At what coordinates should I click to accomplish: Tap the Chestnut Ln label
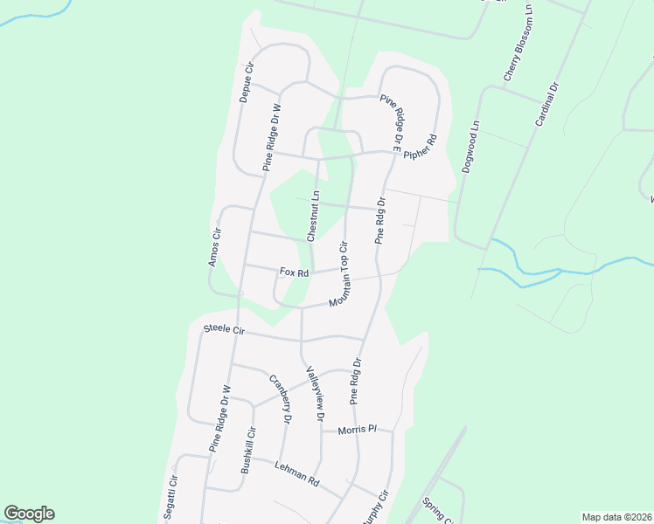pyautogui.click(x=313, y=216)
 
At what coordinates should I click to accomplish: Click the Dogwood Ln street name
pyautogui.click(x=471, y=147)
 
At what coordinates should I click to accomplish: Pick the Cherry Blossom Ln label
pyautogui.click(x=518, y=54)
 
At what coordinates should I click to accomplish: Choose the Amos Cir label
pyautogui.click(x=214, y=246)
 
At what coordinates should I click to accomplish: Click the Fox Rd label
pyautogui.click(x=295, y=272)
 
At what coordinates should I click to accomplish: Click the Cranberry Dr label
pyautogui.click(x=280, y=398)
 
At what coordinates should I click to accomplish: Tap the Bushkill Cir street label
pyautogui.click(x=248, y=450)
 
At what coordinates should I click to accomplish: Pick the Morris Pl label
pyautogui.click(x=358, y=430)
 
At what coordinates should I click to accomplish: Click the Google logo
pyautogui.click(x=29, y=514)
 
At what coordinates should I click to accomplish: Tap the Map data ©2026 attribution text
pyautogui.click(x=616, y=517)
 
